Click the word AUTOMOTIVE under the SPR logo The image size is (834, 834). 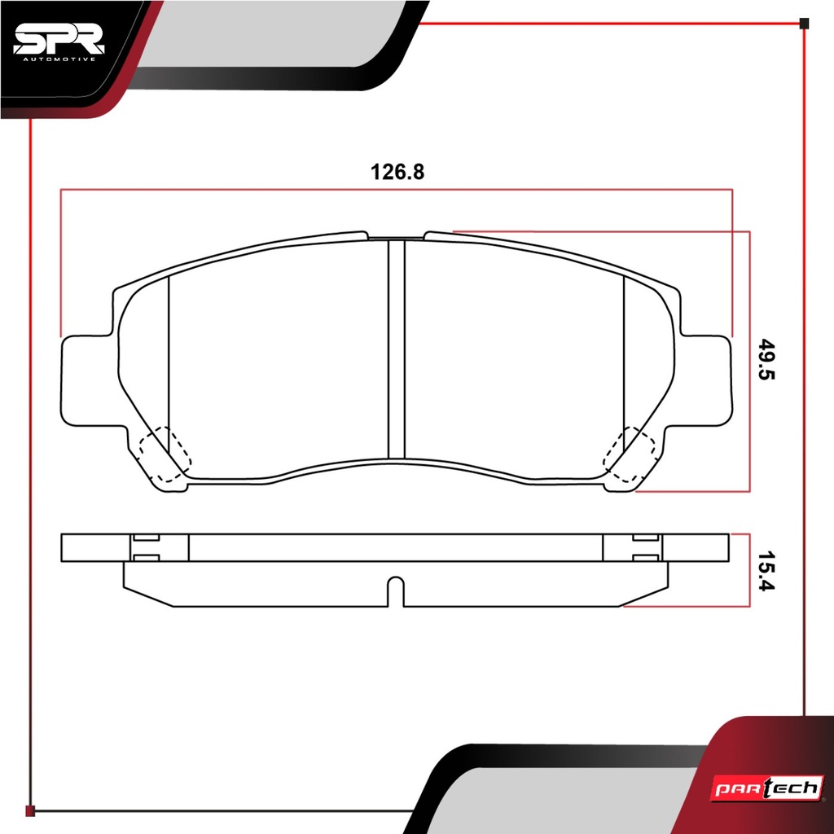pyautogui.click(x=59, y=59)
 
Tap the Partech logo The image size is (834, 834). pyautogui.click(x=767, y=788)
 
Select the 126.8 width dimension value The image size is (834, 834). pyautogui.click(x=397, y=172)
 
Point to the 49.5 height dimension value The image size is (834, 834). pyautogui.click(x=767, y=359)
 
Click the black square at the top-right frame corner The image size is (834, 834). pyautogui.click(x=804, y=24)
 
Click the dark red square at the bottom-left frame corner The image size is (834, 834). pyautogui.click(x=30, y=810)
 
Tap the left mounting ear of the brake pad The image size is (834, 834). pyautogui.click(x=90, y=380)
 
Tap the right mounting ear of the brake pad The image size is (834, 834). pyautogui.click(x=702, y=380)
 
